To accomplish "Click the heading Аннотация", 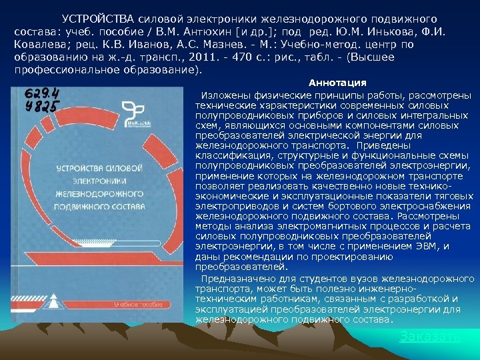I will coord(337,83).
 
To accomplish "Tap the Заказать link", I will coord(429,337).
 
